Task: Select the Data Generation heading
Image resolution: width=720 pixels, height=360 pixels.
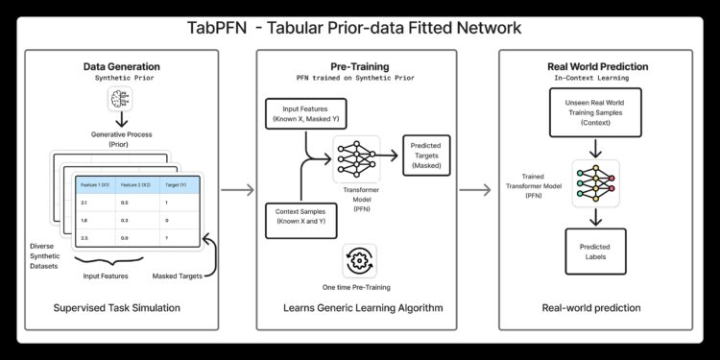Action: (121, 65)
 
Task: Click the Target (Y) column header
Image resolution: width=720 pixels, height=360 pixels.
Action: (178, 183)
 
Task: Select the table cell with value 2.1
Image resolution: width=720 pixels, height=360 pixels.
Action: (84, 203)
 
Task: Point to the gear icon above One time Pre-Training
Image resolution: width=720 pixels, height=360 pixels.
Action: (359, 260)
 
